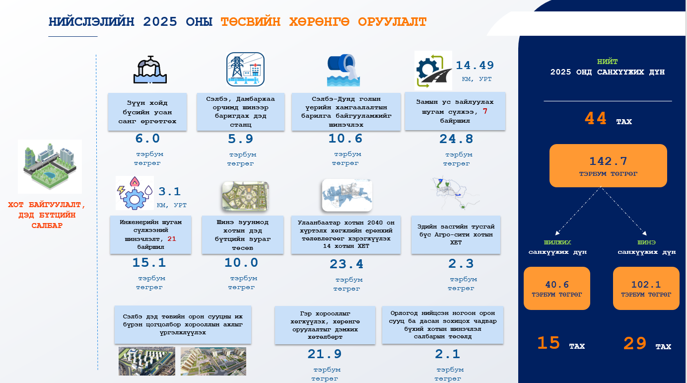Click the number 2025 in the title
[x=160, y=22]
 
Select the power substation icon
[x=245, y=70]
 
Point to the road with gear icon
[x=433, y=70]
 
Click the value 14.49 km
[x=475, y=66]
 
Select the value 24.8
[x=456, y=139]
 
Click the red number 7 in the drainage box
[x=485, y=111]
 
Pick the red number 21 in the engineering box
[x=172, y=239]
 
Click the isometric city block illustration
[x=50, y=166]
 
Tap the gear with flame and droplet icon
[x=135, y=193]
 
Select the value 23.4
[x=346, y=264]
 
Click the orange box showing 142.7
[x=608, y=165]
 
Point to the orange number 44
[x=596, y=119]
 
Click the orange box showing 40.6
[x=556, y=288]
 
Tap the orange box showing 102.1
[x=646, y=288]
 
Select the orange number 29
[x=635, y=343]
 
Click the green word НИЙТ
[x=607, y=62]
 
